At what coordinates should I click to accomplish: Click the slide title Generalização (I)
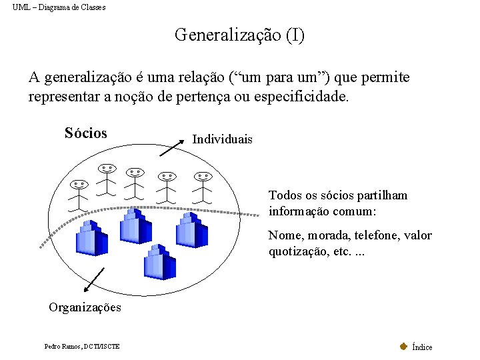[x=239, y=35]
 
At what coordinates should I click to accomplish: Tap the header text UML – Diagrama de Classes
[x=59, y=7]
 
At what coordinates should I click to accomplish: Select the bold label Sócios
[x=86, y=133]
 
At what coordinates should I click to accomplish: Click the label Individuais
[x=222, y=139]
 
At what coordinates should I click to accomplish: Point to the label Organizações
[x=85, y=307]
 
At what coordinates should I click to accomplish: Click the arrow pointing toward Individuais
[x=173, y=146]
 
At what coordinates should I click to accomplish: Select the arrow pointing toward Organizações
[x=94, y=280]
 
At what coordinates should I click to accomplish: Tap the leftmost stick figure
[x=79, y=194]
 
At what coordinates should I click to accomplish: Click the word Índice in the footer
[x=422, y=347]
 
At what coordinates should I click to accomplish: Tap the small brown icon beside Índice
[x=403, y=346]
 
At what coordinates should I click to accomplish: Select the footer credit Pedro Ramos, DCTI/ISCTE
[x=82, y=347]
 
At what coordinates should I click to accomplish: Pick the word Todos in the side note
[x=285, y=195]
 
